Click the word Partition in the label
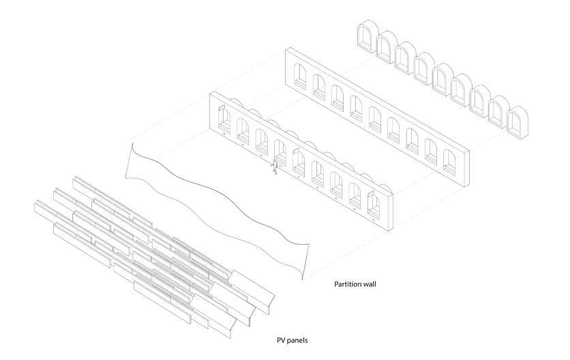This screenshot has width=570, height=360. pyautogui.click(x=347, y=283)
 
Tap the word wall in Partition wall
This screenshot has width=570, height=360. pyautogui.click(x=370, y=283)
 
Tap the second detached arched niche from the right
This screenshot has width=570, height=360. pyautogui.click(x=500, y=109)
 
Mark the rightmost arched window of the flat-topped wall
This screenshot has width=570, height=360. pyautogui.click(x=448, y=158)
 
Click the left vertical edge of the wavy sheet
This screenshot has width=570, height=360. pyautogui.click(x=131, y=159)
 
